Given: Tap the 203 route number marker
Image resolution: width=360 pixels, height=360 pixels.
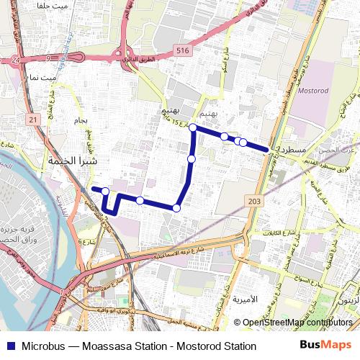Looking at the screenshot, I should click(x=256, y=202).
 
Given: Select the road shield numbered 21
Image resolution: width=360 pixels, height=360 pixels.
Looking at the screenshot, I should click(x=33, y=119).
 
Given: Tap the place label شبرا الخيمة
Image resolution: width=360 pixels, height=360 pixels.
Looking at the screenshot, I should click(x=71, y=161).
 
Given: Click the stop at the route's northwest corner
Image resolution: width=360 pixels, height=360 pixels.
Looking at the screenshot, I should click(x=193, y=127).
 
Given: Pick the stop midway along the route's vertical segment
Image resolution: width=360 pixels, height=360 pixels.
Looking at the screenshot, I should click(x=192, y=158).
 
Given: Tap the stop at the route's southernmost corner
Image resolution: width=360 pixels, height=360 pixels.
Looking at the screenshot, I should click(x=176, y=208).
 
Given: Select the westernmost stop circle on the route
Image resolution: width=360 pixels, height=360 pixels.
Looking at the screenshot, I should click(x=106, y=191).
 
